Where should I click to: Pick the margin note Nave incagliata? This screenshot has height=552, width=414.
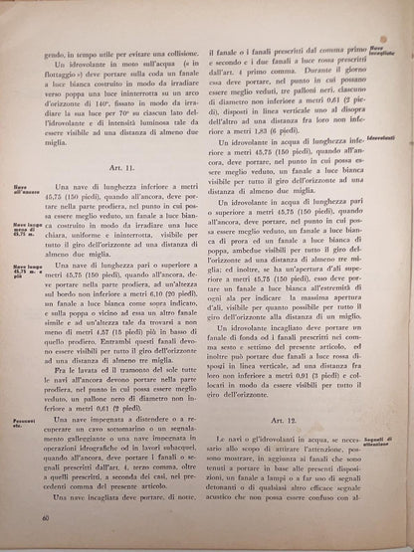pyautogui.click(x=382, y=49)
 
